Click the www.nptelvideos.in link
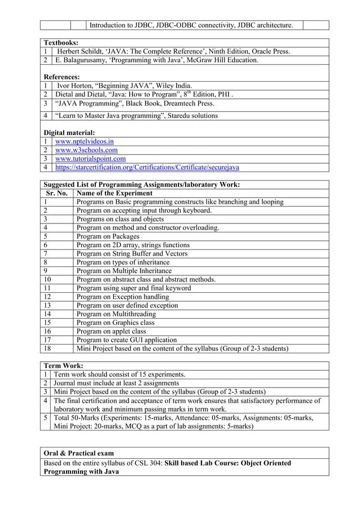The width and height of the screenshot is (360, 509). click(x=84, y=142)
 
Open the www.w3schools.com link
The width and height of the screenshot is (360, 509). click(x=86, y=150)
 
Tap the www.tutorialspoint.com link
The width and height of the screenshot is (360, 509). click(x=90, y=159)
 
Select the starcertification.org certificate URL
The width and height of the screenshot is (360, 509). click(x=147, y=168)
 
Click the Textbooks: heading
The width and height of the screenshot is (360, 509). click(x=61, y=42)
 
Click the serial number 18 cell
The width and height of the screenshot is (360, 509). click(x=47, y=348)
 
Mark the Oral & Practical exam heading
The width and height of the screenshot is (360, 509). click(x=78, y=453)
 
